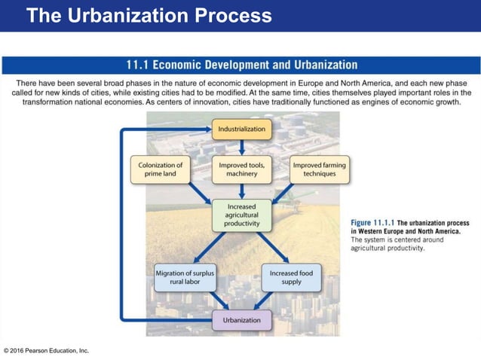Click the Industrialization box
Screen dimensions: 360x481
point(241,130)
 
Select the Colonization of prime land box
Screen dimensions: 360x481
point(161,169)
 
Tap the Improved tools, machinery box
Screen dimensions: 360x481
point(241,169)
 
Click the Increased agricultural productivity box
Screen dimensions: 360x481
point(241,214)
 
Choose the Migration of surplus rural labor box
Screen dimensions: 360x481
point(184,277)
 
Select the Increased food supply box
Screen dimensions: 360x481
point(291,277)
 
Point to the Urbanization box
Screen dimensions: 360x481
point(241,320)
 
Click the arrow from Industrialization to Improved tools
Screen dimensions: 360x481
point(241,148)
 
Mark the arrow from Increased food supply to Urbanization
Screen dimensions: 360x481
point(268,301)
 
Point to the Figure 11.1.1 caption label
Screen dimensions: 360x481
point(372,222)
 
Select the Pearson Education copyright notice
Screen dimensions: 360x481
point(47,350)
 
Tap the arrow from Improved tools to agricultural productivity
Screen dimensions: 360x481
point(241,191)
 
